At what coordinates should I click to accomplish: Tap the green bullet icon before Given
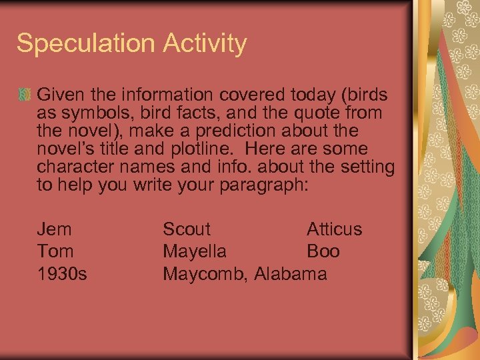tap(25, 93)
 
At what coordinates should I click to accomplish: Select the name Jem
tap(54, 229)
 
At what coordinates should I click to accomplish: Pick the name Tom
tap(55, 251)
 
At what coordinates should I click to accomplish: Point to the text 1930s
tap(62, 273)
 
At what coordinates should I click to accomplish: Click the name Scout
tap(187, 229)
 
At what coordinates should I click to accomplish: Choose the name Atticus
tap(334, 229)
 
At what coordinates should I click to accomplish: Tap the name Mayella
tap(195, 252)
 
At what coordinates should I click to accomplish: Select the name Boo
tap(323, 251)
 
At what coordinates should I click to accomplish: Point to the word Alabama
tap(290, 273)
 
